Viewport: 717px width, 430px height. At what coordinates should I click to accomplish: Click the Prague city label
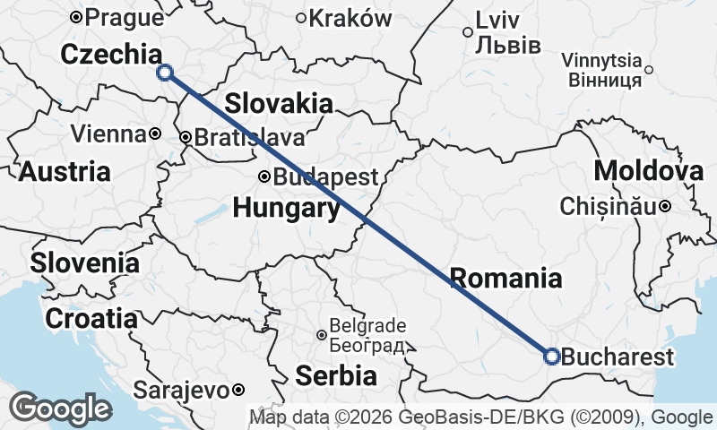point(124,16)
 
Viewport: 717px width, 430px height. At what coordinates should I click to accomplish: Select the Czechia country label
point(111,54)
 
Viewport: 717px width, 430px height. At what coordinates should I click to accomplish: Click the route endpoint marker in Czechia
point(164,73)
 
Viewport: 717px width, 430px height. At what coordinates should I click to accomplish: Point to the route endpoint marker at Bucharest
point(552,357)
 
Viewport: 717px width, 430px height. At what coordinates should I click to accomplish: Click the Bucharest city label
point(618,357)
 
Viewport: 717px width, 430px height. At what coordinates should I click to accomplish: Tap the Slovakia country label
point(278,103)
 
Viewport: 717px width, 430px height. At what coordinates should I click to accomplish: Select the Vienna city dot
point(155,134)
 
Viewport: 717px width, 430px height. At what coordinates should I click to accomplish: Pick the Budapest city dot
point(264,176)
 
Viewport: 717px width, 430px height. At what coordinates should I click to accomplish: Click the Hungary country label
point(286,209)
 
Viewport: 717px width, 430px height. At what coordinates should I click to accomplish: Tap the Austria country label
point(65,171)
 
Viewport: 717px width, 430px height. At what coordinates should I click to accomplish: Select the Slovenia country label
point(84,263)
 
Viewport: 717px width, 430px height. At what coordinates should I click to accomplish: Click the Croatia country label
point(91,318)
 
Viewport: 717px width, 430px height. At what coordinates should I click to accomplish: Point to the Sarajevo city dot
point(238,390)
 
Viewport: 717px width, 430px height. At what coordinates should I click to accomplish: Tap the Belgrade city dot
point(322,335)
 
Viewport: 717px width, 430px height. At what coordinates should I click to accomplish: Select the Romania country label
point(506,278)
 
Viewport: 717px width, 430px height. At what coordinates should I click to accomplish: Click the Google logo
point(60,408)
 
